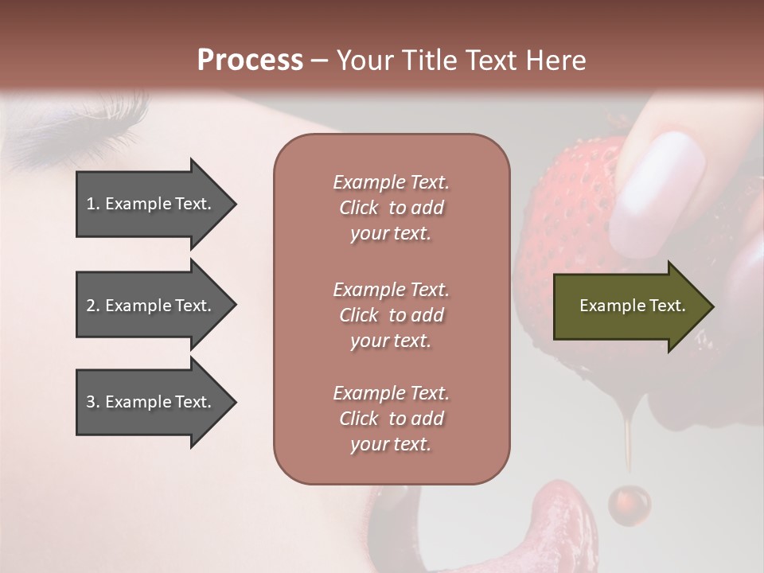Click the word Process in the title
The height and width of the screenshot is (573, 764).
[250, 60]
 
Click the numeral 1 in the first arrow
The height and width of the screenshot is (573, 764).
[91, 204]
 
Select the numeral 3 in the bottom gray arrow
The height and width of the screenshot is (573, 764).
[91, 403]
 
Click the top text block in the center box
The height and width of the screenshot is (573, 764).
[391, 208]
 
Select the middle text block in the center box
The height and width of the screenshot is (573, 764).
[391, 315]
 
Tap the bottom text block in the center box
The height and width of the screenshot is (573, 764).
[391, 419]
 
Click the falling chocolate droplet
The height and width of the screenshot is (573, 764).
[629, 504]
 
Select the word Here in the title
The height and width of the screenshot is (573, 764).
[556, 60]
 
